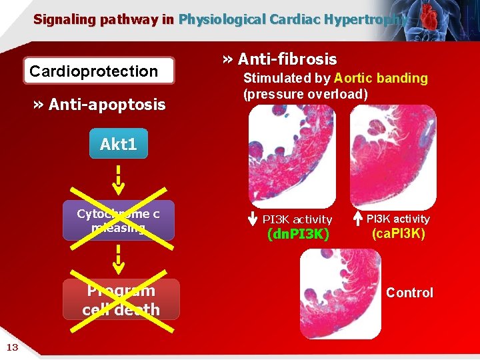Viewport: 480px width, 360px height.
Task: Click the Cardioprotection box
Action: click(x=99, y=71)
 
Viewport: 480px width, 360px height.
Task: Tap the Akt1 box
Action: click(x=118, y=145)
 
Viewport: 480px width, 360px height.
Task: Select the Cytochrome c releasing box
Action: click(x=119, y=220)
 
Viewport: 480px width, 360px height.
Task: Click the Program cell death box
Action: click(x=121, y=299)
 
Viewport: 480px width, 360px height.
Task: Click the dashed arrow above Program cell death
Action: click(x=118, y=259)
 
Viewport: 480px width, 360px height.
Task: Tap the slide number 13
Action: click(x=12, y=346)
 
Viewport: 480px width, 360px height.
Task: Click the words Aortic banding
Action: click(x=381, y=78)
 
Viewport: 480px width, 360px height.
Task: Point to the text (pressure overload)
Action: click(x=305, y=94)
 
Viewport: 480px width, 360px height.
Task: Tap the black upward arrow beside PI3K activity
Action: click(x=357, y=219)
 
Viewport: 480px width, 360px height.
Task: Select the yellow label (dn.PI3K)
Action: click(x=298, y=235)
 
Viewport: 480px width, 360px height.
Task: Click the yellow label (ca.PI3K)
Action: click(x=399, y=234)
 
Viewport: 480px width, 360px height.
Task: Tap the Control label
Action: click(x=409, y=293)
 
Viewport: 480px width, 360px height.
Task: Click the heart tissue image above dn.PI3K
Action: click(x=291, y=156)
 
